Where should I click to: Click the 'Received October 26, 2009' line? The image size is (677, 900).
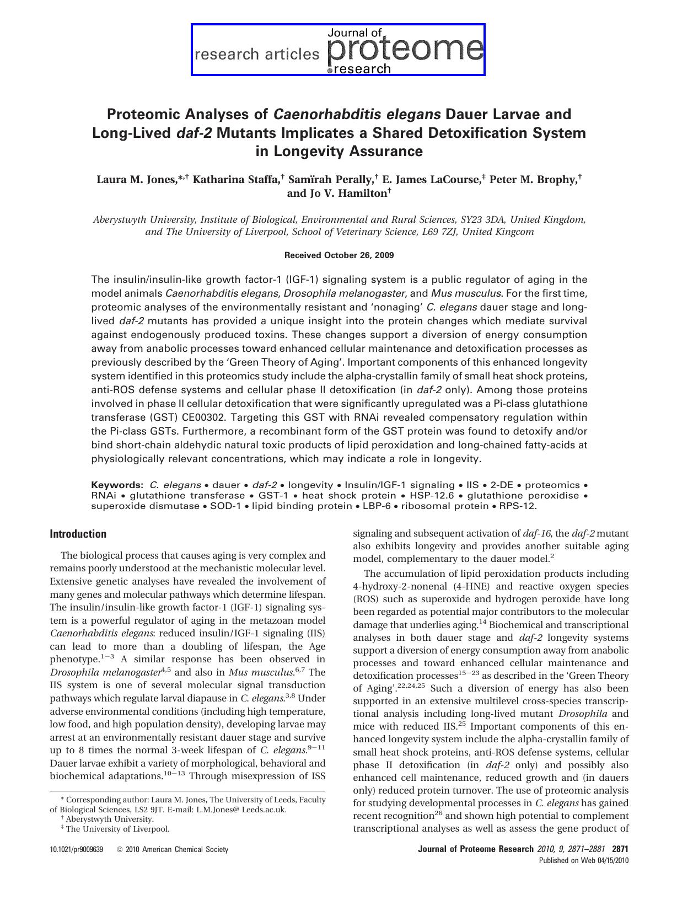coord(338,255)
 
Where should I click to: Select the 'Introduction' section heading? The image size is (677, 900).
coord(78,534)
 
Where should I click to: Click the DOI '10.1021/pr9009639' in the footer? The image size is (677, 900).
coord(77,850)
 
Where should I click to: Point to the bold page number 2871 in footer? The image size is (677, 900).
coord(620,849)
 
